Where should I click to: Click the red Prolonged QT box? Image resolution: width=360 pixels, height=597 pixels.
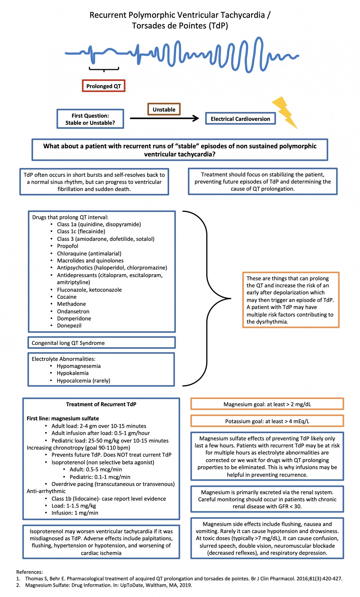click(103, 86)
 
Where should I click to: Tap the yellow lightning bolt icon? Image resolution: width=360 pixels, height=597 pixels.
click(285, 112)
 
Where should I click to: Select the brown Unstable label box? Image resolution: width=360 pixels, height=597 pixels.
click(164, 109)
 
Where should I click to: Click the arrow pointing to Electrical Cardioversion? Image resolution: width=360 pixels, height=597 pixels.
click(164, 118)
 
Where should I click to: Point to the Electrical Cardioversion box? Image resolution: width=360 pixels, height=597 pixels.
click(240, 119)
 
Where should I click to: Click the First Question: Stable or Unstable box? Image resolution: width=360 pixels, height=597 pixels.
click(90, 119)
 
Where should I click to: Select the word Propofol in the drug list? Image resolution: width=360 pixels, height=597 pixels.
click(67, 246)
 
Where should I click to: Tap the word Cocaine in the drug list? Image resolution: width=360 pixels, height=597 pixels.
click(67, 297)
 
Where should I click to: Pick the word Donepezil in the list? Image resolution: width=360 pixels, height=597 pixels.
click(69, 325)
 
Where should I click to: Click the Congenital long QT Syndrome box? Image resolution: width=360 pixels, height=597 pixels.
click(101, 343)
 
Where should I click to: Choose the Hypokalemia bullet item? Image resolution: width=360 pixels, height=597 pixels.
click(73, 373)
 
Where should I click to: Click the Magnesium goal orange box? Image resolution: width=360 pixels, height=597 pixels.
click(267, 404)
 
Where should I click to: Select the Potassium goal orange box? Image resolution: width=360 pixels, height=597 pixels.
click(267, 421)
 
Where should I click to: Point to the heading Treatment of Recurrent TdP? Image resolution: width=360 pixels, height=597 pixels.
click(101, 404)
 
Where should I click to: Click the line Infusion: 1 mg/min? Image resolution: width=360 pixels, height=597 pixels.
click(75, 513)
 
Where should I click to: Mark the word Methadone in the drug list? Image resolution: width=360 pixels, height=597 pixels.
click(71, 304)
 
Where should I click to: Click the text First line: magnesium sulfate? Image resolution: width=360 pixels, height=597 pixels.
click(63, 418)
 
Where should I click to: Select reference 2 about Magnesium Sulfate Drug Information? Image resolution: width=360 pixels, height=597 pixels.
click(108, 585)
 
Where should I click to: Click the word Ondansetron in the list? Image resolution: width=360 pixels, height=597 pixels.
click(73, 311)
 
